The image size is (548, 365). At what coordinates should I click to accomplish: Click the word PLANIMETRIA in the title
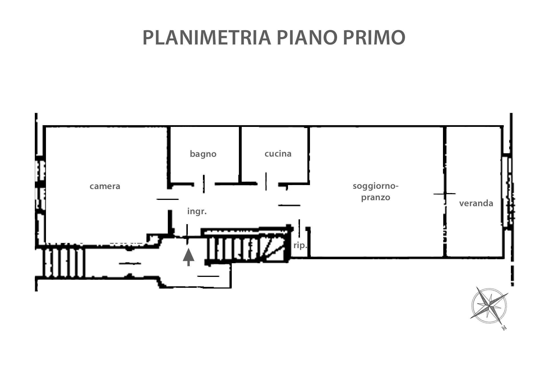(207, 37)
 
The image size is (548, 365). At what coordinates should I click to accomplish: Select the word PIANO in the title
(305, 37)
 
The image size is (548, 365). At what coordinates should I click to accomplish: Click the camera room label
(105, 186)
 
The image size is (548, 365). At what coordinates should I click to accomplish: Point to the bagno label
(203, 154)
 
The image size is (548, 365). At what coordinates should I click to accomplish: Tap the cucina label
(278, 154)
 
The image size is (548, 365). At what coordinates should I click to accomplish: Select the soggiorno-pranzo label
(375, 192)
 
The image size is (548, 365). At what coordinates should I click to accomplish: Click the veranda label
(476, 203)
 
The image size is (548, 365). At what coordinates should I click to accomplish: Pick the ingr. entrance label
(197, 211)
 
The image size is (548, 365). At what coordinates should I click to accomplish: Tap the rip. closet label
(300, 245)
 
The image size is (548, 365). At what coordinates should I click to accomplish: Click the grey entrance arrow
(188, 256)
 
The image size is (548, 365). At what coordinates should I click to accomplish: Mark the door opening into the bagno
(204, 184)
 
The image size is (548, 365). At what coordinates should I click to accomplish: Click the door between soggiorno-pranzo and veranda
(445, 194)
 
